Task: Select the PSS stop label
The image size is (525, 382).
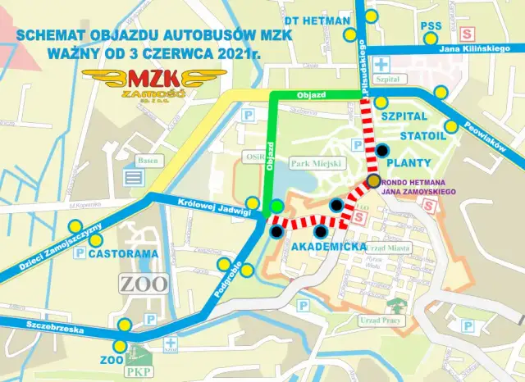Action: click(x=431, y=26)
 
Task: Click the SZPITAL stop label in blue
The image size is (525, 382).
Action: click(x=403, y=118)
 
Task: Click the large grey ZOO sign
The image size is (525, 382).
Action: click(x=144, y=284)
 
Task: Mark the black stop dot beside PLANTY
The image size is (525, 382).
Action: click(x=382, y=150)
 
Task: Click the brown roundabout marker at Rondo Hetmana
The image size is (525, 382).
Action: click(x=373, y=181)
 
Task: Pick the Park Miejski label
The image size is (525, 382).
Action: click(x=316, y=163)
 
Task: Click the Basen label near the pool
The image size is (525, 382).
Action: click(x=147, y=160)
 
